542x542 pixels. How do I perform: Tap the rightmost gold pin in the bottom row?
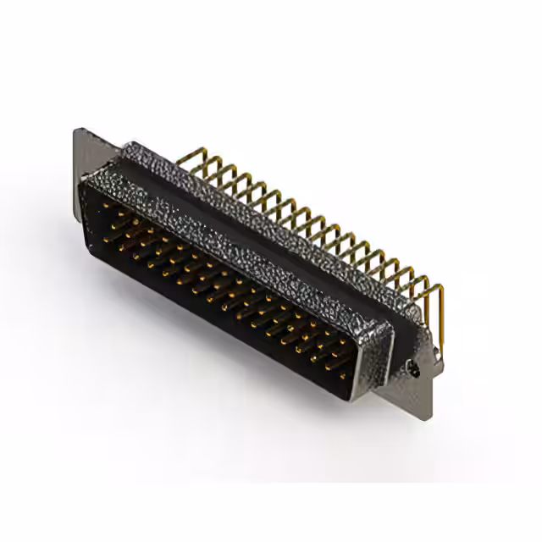[x=344, y=373]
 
